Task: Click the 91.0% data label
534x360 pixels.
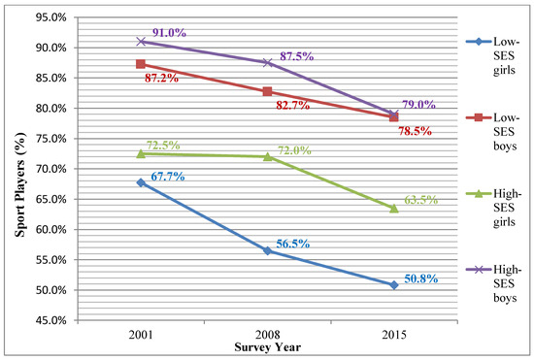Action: tap(163, 32)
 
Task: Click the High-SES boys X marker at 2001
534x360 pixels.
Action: tap(141, 41)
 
